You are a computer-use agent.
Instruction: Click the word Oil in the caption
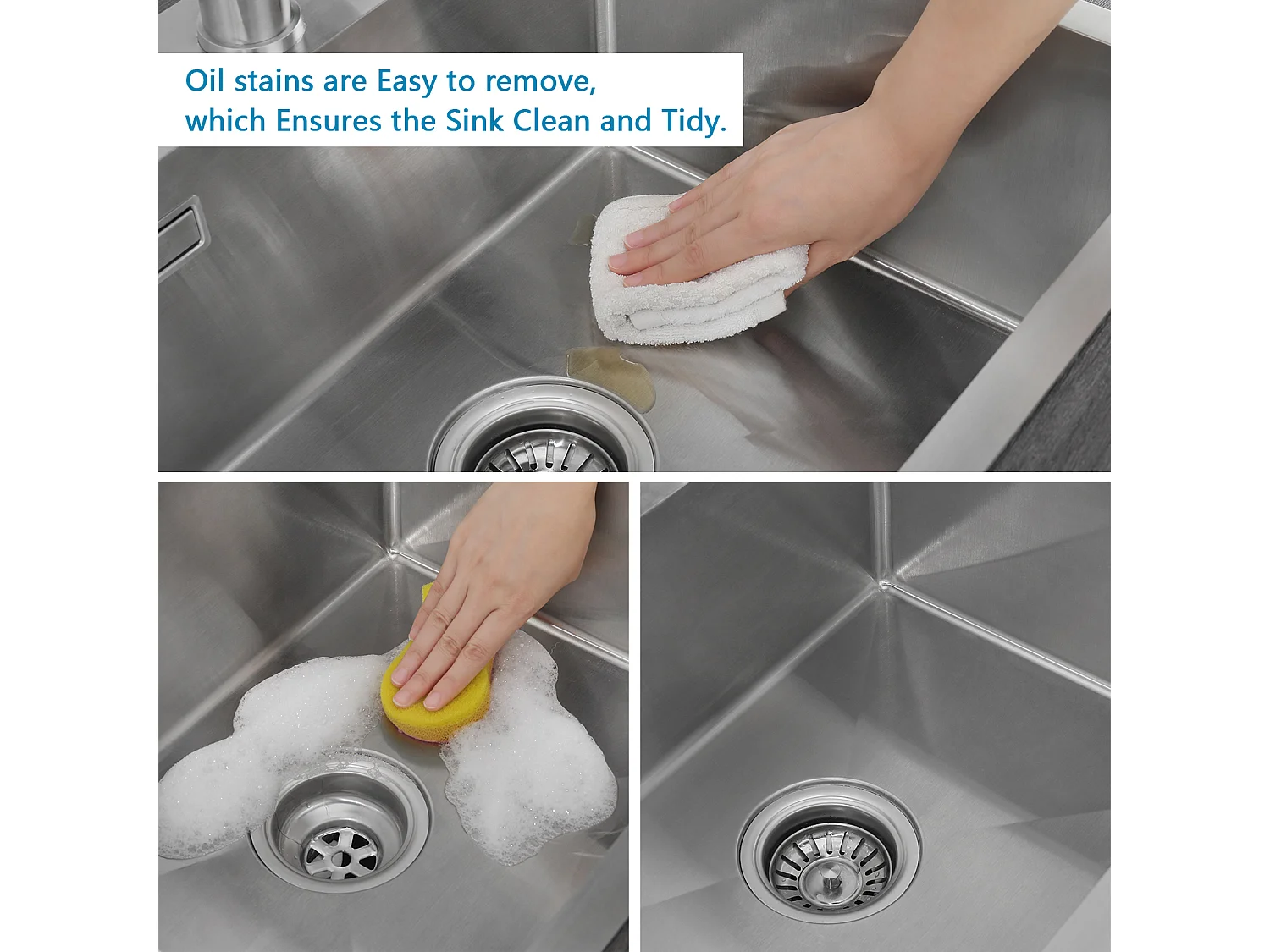click(204, 80)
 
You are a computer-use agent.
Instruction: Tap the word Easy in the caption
click(406, 82)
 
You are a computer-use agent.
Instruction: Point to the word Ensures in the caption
click(328, 121)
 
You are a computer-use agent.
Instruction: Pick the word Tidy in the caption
click(693, 121)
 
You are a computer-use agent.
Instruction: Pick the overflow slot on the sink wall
click(180, 237)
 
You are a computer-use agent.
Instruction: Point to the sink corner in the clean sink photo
click(883, 584)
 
